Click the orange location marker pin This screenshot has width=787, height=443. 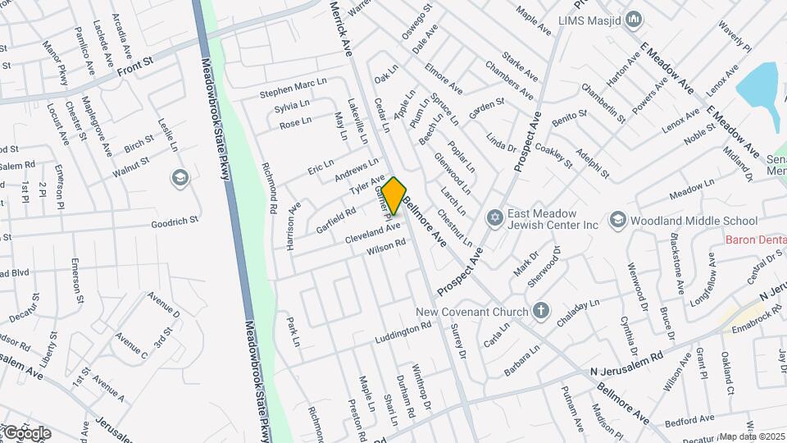(394, 195)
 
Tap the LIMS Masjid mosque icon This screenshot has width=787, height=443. (634, 19)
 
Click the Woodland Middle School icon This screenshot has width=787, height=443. (616, 220)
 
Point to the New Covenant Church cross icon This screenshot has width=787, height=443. (540, 310)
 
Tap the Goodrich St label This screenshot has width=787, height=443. (176, 221)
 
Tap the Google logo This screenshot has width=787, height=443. (26, 432)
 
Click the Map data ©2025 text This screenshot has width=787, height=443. (753, 436)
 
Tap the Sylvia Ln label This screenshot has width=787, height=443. (292, 107)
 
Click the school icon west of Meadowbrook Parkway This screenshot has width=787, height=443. (180, 177)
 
